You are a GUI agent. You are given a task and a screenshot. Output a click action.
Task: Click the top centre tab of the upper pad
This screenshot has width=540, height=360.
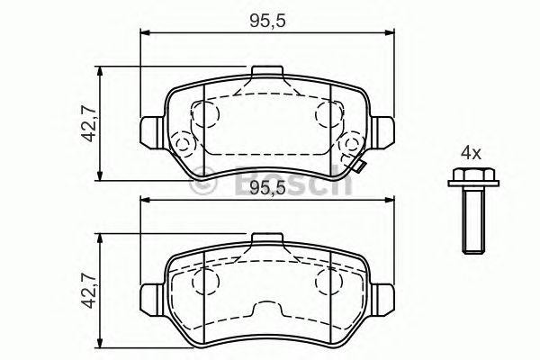click(265, 72)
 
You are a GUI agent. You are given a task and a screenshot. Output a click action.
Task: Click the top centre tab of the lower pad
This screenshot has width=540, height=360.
click(265, 238)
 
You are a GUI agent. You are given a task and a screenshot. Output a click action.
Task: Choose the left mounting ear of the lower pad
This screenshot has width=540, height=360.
click(150, 294)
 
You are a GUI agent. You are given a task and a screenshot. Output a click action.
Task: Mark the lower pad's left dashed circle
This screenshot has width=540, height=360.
click(207, 283)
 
